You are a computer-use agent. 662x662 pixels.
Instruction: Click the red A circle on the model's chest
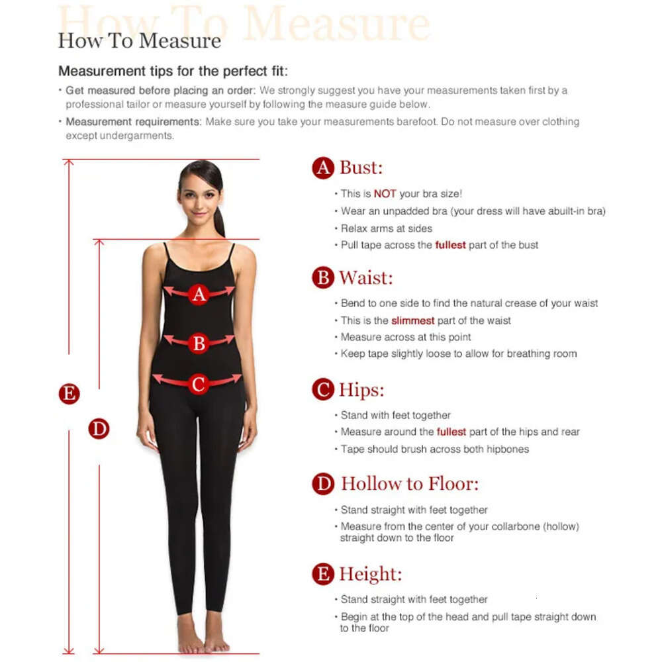click(199, 295)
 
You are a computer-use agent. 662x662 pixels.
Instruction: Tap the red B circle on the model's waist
click(199, 343)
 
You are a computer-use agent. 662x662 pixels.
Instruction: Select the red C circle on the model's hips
click(199, 384)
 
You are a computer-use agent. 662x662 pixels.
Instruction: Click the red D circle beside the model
click(99, 428)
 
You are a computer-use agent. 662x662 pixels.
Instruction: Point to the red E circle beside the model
click(70, 394)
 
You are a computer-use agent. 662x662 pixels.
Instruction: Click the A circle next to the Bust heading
click(323, 168)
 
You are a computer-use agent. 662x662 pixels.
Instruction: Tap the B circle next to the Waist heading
click(323, 278)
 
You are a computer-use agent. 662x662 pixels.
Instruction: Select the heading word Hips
click(361, 390)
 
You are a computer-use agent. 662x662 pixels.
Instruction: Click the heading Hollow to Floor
click(410, 484)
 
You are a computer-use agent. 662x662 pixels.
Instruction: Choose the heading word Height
click(370, 574)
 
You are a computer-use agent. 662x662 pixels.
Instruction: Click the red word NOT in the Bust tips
click(385, 194)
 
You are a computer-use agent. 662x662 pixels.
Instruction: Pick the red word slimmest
click(412, 320)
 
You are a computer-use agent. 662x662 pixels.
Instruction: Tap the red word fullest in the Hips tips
click(451, 432)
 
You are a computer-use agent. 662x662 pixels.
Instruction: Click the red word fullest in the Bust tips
click(450, 245)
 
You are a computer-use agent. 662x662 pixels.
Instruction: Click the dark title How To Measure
click(139, 41)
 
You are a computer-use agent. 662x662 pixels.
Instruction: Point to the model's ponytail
click(218, 220)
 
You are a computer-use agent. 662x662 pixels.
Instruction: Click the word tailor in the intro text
click(138, 105)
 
